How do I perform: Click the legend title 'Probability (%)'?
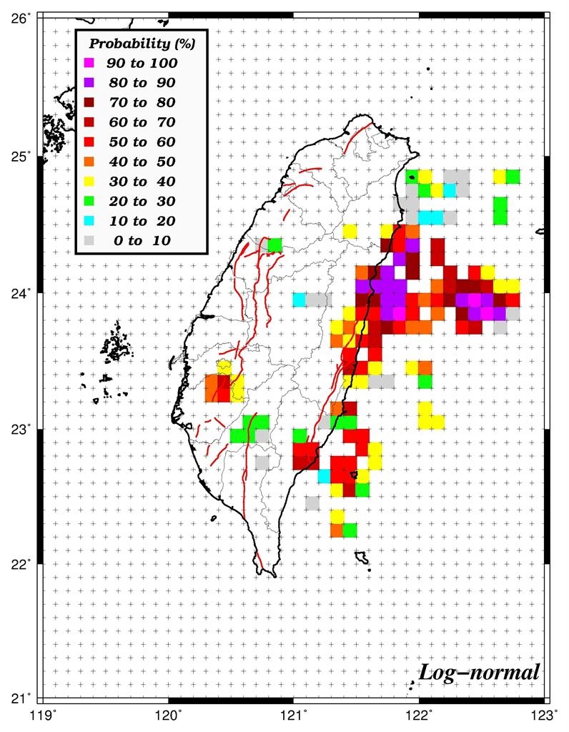[x=142, y=44]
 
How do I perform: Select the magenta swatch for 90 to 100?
[x=89, y=63]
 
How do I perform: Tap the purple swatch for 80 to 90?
[x=89, y=83]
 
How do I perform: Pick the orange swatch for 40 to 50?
[x=89, y=162]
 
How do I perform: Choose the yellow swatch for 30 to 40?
[x=89, y=182]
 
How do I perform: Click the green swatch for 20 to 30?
[x=89, y=201]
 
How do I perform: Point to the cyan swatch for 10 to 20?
[x=89, y=221]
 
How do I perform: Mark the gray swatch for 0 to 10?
[x=89, y=241]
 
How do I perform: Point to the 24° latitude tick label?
[x=20, y=293]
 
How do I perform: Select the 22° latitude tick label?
[x=20, y=565]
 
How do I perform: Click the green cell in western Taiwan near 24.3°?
[x=275, y=245]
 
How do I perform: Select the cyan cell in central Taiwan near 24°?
[x=299, y=300]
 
